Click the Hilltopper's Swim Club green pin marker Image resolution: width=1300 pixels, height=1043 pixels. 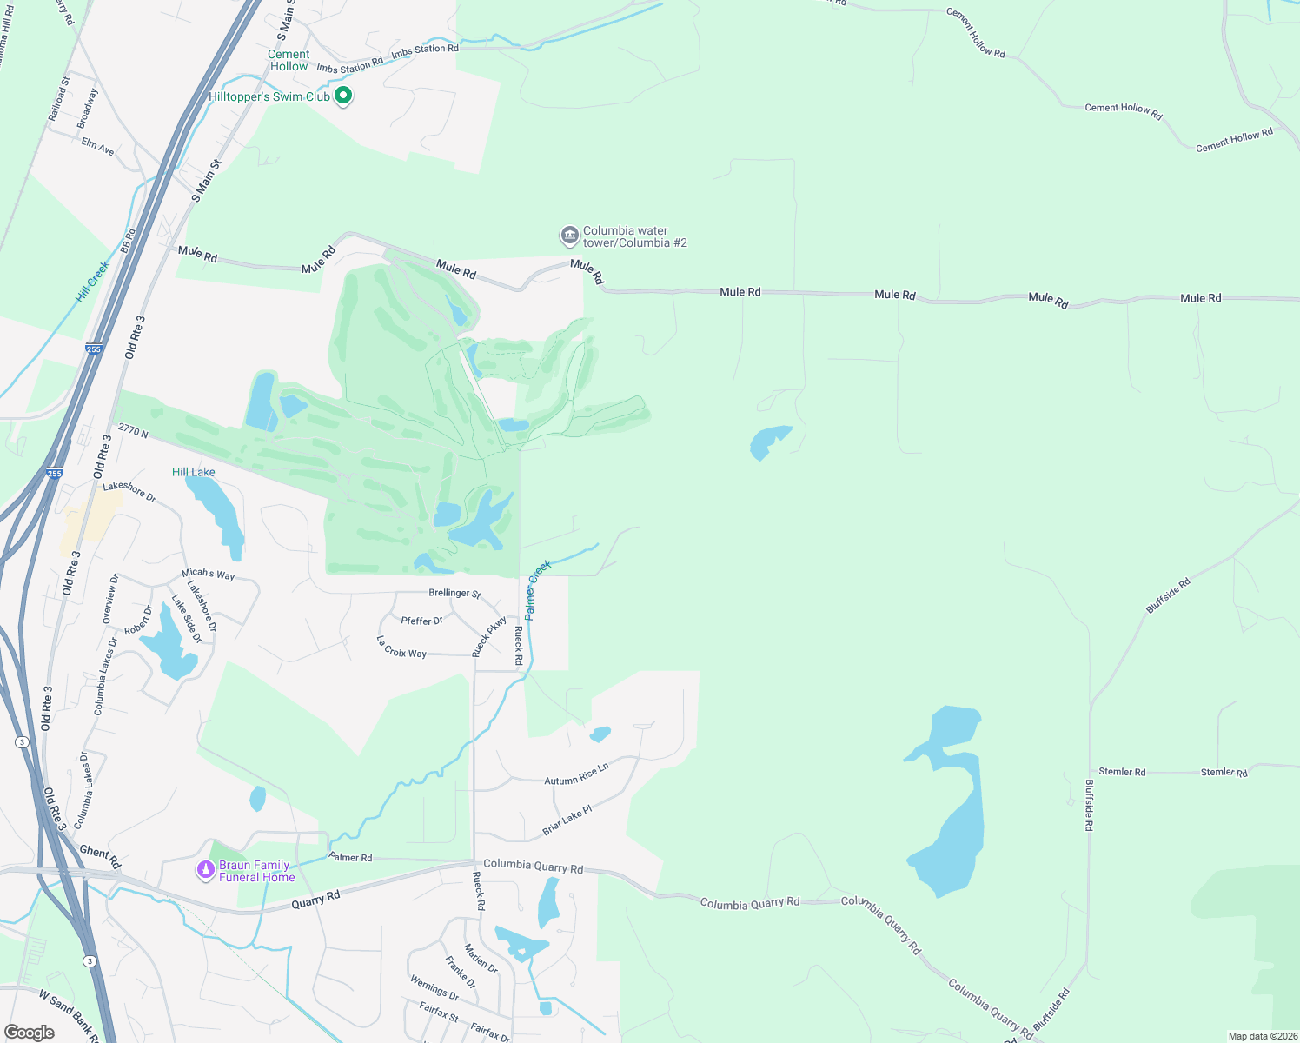pos(343,96)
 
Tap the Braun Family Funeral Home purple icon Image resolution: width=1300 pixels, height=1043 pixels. pos(206,870)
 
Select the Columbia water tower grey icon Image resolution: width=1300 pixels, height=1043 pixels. pos(569,236)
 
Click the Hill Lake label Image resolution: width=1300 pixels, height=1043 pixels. pos(194,472)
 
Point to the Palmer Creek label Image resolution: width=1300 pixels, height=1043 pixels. pos(538,590)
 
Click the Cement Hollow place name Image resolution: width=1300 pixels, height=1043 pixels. pos(289,60)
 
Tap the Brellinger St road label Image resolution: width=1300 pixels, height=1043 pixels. pos(454,593)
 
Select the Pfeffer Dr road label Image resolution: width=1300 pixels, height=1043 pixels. pos(422,621)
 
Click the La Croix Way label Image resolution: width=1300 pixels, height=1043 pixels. pos(401,648)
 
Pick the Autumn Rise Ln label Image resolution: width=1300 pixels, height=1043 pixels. pos(576,774)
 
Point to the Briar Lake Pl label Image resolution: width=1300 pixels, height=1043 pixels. pos(567,820)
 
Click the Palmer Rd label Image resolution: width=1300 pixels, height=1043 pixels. pos(351,858)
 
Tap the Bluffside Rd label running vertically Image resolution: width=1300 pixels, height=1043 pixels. pos(1089,805)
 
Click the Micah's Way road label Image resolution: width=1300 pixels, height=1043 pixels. pos(208,574)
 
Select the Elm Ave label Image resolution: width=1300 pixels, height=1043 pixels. pos(97,146)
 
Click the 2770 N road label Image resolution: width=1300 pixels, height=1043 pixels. pos(133,431)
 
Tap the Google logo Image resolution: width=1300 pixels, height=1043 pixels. pos(30,1033)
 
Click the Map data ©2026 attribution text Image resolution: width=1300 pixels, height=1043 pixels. pos(1262,1036)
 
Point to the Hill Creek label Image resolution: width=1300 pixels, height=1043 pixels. pos(93,281)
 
